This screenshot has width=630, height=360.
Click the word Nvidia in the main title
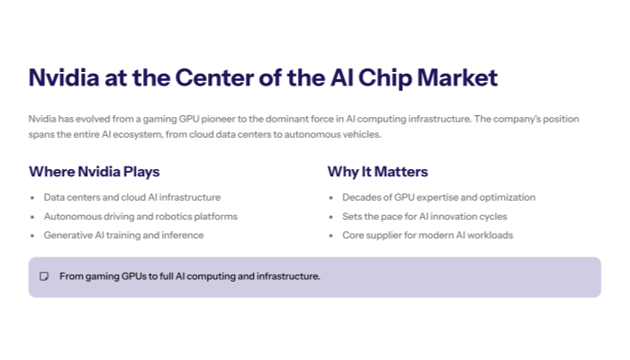point(66,77)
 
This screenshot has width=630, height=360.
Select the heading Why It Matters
point(377,171)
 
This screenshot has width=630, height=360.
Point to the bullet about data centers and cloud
point(131,197)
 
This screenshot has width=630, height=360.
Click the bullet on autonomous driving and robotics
point(140,216)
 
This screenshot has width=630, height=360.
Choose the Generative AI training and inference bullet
point(123,235)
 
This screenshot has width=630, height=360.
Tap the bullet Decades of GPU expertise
point(438,197)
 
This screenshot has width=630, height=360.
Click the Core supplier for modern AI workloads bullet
point(427,235)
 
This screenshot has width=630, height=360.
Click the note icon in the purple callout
point(44,276)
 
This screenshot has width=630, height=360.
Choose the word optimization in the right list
point(507,197)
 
